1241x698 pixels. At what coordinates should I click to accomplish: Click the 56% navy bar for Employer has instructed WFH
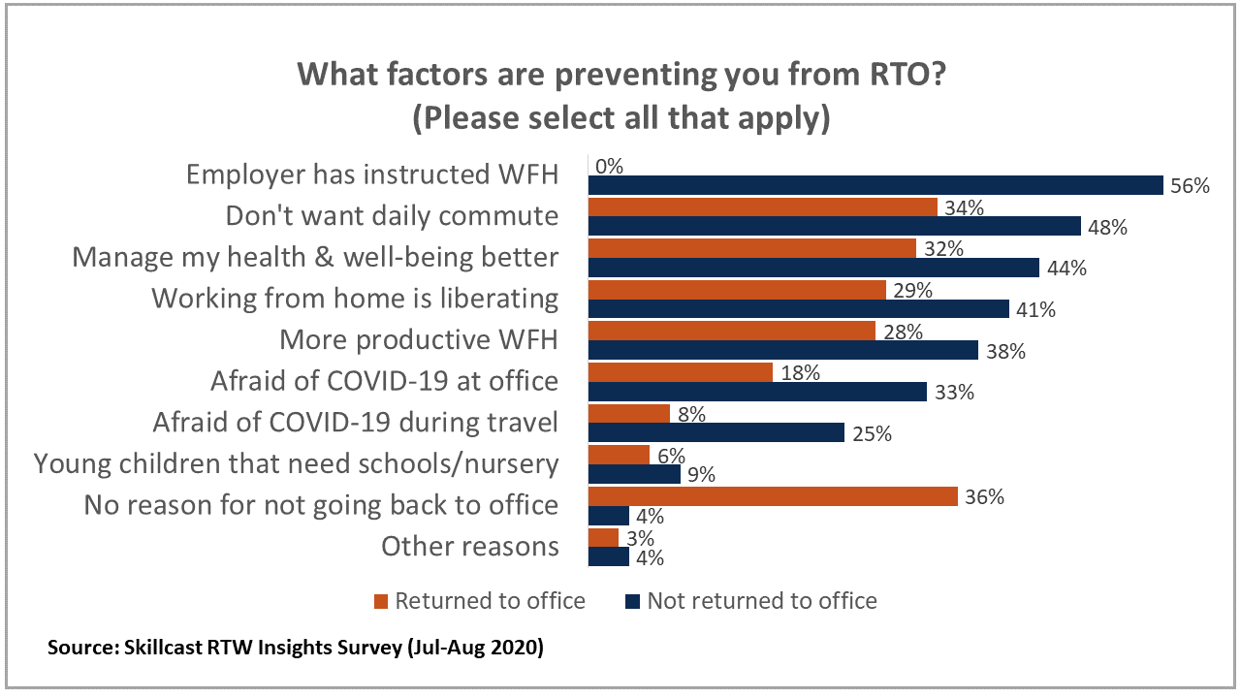875,185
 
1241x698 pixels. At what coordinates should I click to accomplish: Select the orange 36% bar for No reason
773,495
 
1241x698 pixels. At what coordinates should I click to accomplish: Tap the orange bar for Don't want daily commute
762,206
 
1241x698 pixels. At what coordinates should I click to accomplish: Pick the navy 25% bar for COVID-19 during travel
716,432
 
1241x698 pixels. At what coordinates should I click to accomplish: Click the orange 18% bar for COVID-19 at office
681,372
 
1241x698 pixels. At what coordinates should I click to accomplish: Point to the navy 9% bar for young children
634,474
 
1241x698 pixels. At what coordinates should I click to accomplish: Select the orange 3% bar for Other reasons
603,537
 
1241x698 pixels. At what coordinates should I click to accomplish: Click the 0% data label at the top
609,166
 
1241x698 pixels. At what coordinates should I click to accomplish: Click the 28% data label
901,332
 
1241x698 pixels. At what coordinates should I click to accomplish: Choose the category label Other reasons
469,547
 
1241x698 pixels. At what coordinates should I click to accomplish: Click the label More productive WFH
419,340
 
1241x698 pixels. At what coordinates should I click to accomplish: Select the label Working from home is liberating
355,299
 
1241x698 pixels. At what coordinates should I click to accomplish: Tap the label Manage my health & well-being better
316,258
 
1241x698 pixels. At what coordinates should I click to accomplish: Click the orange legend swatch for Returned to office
380,601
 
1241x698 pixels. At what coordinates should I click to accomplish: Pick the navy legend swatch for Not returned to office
630,601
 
